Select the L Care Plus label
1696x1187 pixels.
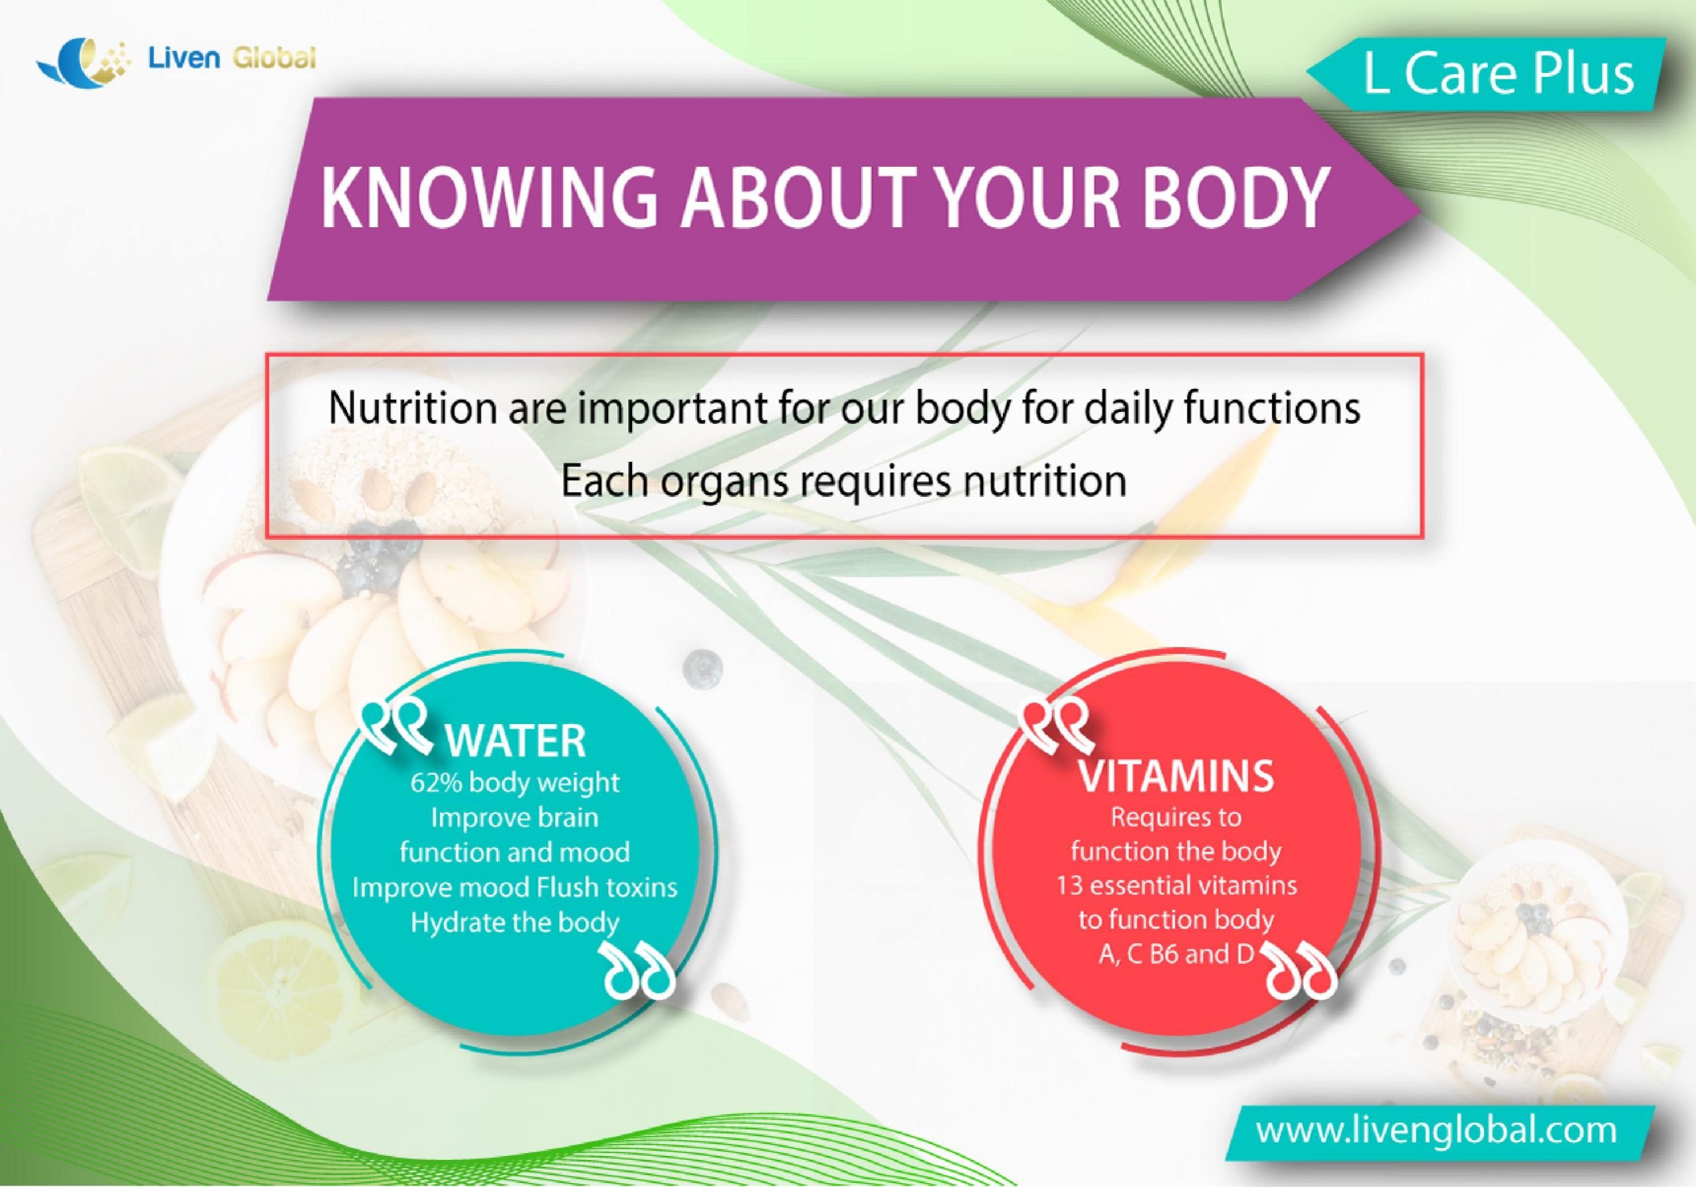(1498, 75)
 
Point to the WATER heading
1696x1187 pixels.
(515, 741)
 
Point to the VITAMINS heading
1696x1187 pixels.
(1176, 775)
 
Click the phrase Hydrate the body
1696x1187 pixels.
(514, 923)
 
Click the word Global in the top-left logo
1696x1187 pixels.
(274, 57)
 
